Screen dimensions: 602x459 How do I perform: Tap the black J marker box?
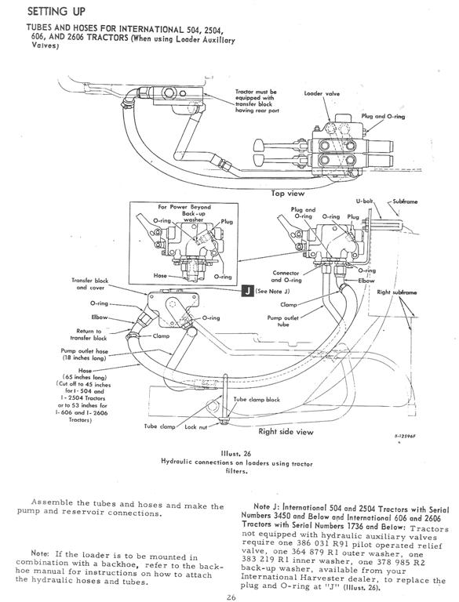pos(246,290)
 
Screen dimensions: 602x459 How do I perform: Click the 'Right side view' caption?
pos(286,431)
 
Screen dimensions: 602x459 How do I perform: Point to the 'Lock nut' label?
pos(196,427)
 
